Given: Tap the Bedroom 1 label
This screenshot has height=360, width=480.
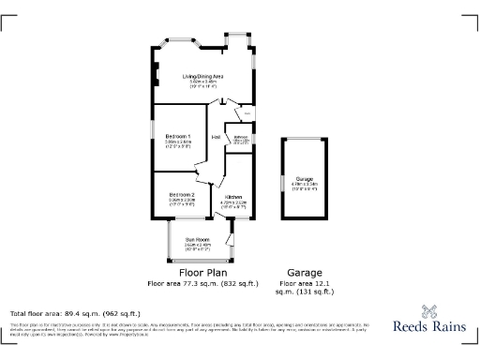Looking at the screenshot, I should pyautogui.click(x=178, y=137).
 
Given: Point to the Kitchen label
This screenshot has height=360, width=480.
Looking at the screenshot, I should pyautogui.click(x=233, y=196).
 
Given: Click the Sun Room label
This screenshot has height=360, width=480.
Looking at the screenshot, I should pyautogui.click(x=197, y=240).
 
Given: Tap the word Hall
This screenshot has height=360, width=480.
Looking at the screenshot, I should pyautogui.click(x=217, y=138).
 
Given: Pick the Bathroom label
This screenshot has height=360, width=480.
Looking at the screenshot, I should pyautogui.click(x=241, y=137).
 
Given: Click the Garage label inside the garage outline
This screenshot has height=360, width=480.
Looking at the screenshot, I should pyautogui.click(x=304, y=178).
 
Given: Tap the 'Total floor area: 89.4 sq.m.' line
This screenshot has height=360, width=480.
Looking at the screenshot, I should pyautogui.click(x=75, y=313).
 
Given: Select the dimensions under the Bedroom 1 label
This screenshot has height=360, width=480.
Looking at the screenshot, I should pyautogui.click(x=178, y=144).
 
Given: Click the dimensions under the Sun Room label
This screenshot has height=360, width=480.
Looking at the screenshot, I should pyautogui.click(x=197, y=247).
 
